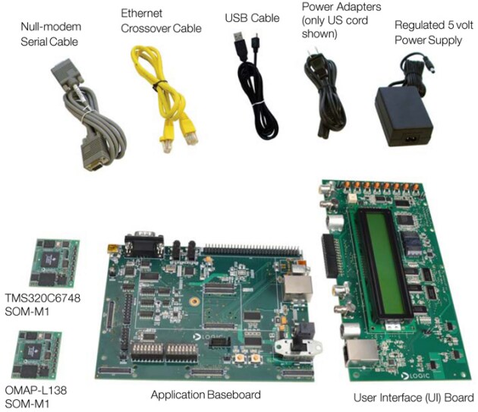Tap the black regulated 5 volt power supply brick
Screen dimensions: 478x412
pyautogui.click(x=404, y=115)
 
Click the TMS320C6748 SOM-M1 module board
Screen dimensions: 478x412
pyautogui.click(x=55, y=263)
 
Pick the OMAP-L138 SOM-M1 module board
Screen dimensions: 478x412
pyautogui.click(x=36, y=354)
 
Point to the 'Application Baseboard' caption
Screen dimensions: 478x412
pyautogui.click(x=206, y=395)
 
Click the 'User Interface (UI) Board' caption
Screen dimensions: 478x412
pyautogui.click(x=414, y=398)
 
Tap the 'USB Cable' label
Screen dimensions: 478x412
pyautogui.click(x=252, y=18)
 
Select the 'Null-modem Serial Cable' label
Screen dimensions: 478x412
pyautogui.click(x=51, y=34)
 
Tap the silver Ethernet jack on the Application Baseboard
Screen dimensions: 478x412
pyautogui.click(x=298, y=288)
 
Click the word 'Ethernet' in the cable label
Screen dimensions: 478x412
pyautogui.click(x=141, y=13)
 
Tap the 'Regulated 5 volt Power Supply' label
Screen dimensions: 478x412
pyautogui.click(x=434, y=33)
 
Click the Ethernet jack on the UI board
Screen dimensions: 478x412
pyautogui.click(x=360, y=353)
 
